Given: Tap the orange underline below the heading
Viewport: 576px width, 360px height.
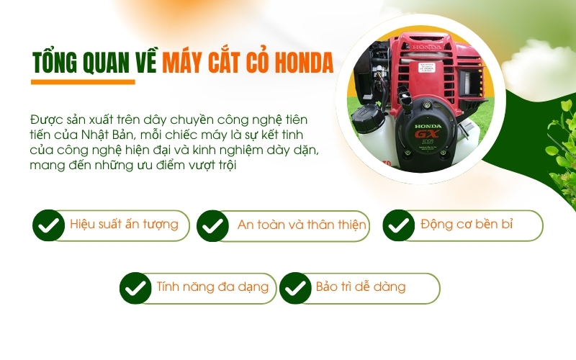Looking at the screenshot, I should click(84, 82).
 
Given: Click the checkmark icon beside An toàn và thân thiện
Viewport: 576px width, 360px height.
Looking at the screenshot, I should click(212, 225).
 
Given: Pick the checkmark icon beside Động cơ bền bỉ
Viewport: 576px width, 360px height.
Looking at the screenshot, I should click(398, 225).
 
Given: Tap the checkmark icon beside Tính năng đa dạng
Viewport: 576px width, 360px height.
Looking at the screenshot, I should click(135, 288).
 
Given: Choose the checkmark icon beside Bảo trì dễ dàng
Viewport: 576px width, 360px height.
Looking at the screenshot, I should click(295, 288).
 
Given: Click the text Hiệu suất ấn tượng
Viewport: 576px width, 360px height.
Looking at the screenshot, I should click(124, 224).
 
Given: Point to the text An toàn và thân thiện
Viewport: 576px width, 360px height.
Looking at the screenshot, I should click(302, 225).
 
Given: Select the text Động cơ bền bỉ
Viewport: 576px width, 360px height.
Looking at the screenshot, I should click(467, 224).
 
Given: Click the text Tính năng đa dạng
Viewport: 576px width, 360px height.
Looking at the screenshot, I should click(212, 287).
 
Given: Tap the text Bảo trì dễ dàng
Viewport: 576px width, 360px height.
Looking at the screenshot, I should click(361, 287).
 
